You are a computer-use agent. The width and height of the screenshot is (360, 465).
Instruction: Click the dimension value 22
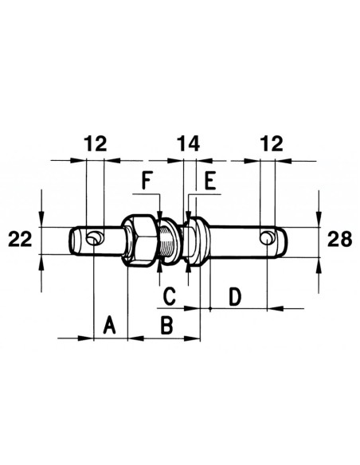pos(18,240)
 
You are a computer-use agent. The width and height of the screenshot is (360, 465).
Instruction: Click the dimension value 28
pos(340,239)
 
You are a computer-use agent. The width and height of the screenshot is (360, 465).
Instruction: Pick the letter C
pos(170,296)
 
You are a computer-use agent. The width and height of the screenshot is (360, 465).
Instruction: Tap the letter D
pos(235,296)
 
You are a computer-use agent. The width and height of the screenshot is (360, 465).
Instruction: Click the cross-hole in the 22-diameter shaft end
pos(95,237)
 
